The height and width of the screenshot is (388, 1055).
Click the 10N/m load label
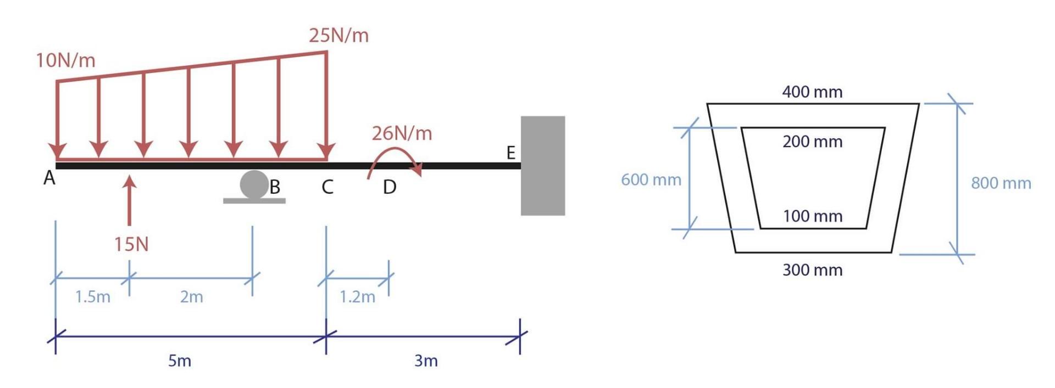[65, 60]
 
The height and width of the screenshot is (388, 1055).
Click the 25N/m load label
[338, 36]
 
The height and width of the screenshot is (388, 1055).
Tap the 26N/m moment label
[402, 133]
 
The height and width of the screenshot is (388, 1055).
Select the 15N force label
[131, 244]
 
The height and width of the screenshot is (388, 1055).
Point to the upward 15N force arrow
[130, 200]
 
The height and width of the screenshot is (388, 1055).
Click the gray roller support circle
[254, 184]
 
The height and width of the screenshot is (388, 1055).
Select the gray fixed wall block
[542, 165]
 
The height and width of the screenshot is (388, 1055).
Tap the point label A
[49, 178]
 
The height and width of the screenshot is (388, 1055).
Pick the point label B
[275, 187]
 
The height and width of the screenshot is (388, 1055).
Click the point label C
[327, 187]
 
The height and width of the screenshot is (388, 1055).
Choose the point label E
[510, 153]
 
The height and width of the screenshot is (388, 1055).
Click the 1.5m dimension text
[92, 297]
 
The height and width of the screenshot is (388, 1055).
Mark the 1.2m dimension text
[357, 297]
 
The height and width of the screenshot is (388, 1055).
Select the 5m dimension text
[180, 361]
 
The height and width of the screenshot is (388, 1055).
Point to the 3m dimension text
[426, 361]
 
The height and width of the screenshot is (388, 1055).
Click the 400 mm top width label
[812, 92]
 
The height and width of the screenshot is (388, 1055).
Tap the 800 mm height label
[1001, 183]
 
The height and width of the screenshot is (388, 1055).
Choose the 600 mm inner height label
[651, 179]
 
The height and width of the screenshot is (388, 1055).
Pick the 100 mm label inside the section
[812, 216]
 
